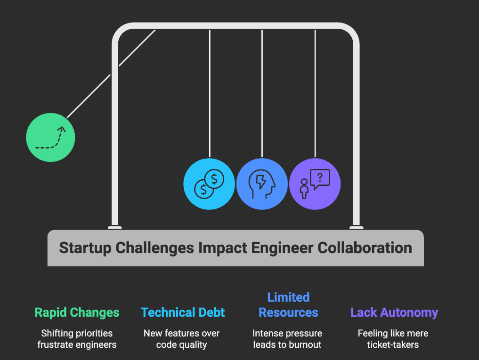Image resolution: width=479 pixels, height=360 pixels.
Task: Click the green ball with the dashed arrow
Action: pos(50,138)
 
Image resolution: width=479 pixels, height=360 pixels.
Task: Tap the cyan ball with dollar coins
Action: pos(209,184)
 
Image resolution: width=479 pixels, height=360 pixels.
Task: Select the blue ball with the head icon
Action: pos(262,184)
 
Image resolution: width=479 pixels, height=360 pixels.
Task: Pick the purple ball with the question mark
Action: pos(315,184)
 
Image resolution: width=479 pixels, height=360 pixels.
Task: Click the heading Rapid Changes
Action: pos(77,312)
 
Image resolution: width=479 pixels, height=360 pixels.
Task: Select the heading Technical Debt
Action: pos(183,312)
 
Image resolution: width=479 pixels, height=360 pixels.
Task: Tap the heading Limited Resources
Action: pos(288,305)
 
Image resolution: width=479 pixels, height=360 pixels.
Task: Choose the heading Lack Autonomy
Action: pos(394,312)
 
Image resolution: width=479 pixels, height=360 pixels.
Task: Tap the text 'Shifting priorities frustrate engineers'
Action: pos(77,339)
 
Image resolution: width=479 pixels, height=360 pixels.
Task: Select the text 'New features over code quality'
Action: pos(182,339)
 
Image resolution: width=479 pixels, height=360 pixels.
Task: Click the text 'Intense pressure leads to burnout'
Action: pos(287,339)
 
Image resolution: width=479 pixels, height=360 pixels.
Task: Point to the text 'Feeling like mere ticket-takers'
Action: pos(393,339)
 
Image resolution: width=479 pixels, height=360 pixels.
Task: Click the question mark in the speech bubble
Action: pos(320,177)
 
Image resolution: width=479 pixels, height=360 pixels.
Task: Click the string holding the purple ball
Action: pos(315,94)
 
